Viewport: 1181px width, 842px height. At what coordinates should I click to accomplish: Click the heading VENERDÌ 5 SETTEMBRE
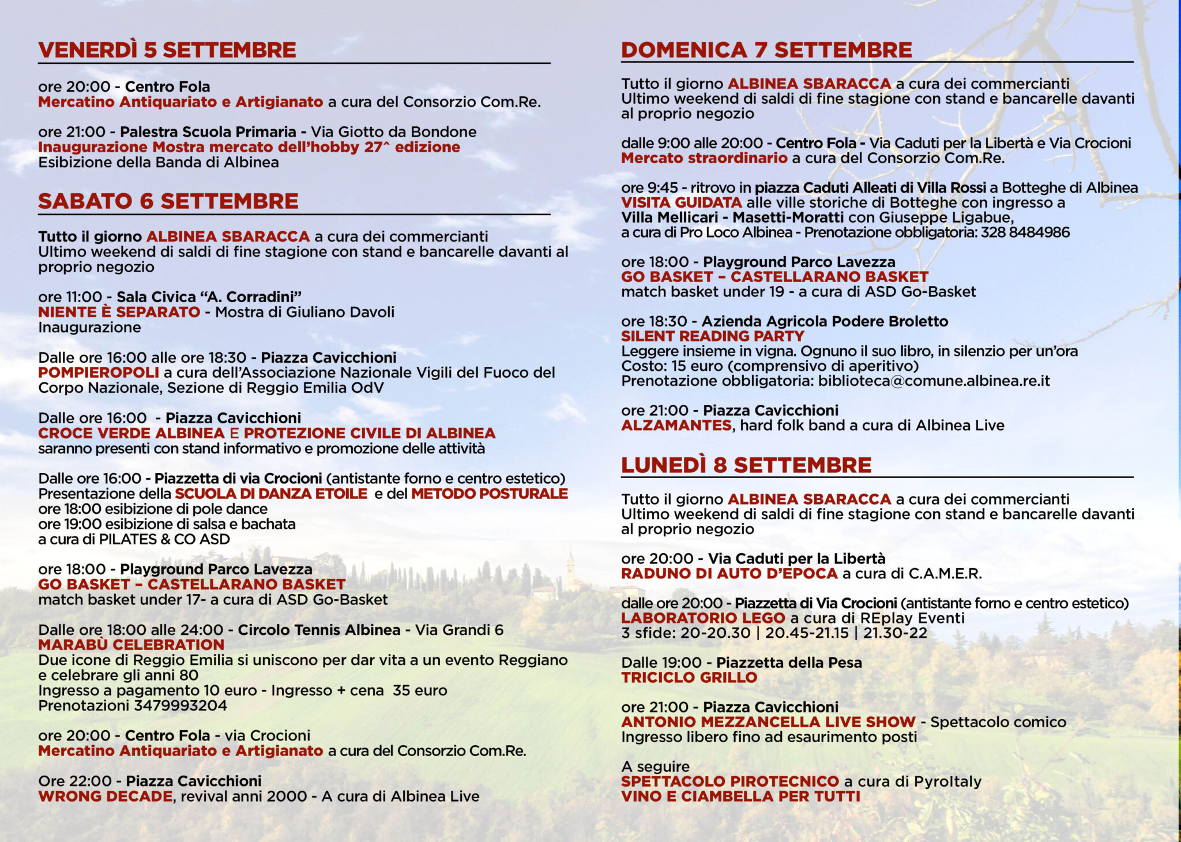click(x=167, y=50)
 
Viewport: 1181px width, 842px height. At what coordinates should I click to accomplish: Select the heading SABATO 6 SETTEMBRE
click(x=168, y=201)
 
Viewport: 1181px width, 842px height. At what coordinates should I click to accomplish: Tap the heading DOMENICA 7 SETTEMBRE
click(x=766, y=50)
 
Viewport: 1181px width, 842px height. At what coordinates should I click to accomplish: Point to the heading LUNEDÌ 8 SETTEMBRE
click(x=746, y=465)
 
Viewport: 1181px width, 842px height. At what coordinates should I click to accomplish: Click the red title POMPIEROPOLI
click(x=99, y=373)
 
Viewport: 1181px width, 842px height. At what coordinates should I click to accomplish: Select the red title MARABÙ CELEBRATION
click(x=131, y=645)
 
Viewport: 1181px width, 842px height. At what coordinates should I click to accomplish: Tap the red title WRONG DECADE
click(x=106, y=796)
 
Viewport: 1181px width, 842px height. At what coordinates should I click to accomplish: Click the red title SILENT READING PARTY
click(x=713, y=336)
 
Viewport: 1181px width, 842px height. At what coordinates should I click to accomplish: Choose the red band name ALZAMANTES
click(x=676, y=426)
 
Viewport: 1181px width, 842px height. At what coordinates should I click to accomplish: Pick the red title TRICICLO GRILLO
click(x=689, y=678)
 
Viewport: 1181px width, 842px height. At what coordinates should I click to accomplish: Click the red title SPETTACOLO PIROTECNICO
click(x=730, y=781)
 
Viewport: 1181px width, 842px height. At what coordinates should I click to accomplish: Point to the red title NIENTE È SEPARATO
click(x=119, y=312)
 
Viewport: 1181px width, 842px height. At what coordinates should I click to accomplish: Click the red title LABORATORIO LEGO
click(x=703, y=618)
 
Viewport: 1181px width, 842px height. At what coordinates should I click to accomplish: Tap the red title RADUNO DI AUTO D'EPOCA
click(x=729, y=574)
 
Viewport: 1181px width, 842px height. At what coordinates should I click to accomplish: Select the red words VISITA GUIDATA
click(x=682, y=203)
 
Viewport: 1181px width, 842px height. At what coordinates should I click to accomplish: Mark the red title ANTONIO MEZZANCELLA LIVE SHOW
click(x=768, y=722)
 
